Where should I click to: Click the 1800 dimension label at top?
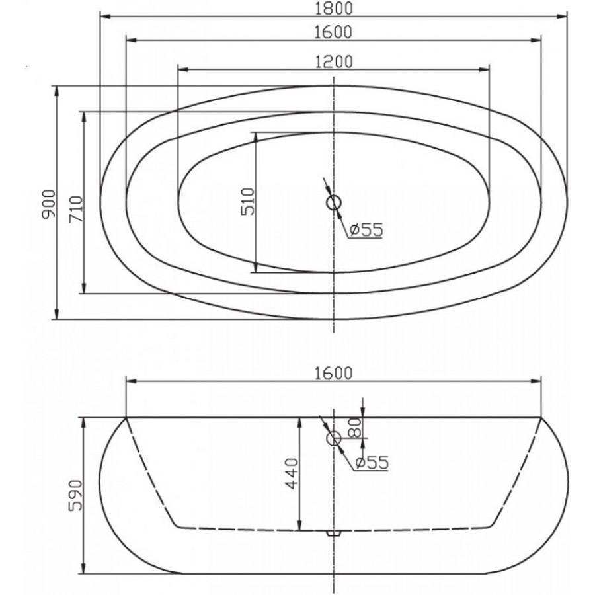(x=334, y=9)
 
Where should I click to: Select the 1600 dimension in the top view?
(x=334, y=32)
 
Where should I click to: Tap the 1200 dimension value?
(x=334, y=62)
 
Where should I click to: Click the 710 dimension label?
(x=75, y=209)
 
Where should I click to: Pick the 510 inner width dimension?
(x=248, y=202)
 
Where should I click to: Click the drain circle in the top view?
(x=334, y=203)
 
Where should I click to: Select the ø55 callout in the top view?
(x=366, y=229)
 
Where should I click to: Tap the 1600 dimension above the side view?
(x=334, y=374)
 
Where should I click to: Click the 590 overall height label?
(x=75, y=495)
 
